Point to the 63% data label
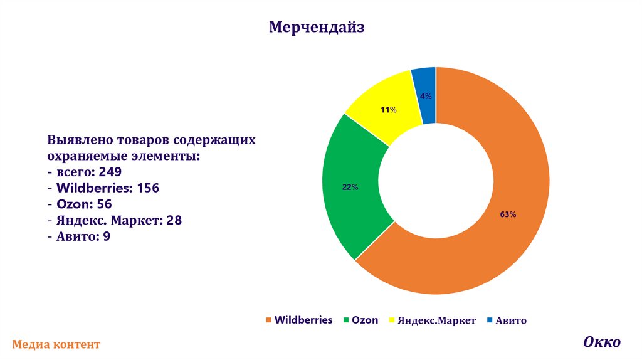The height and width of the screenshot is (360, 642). pyautogui.click(x=508, y=214)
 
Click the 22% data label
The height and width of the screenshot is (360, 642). pyautogui.click(x=350, y=187)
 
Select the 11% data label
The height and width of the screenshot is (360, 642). pyautogui.click(x=388, y=110)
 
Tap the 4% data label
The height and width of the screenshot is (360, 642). pyautogui.click(x=426, y=96)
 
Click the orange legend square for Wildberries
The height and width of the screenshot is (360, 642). pyautogui.click(x=269, y=320)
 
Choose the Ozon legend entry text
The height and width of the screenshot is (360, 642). pyautogui.click(x=365, y=320)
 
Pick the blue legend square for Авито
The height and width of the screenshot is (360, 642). pyautogui.click(x=490, y=320)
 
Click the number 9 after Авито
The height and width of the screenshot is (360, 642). pyautogui.click(x=107, y=236)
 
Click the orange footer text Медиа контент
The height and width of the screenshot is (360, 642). pyautogui.click(x=56, y=344)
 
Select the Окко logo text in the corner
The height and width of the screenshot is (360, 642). pyautogui.click(x=602, y=342)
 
